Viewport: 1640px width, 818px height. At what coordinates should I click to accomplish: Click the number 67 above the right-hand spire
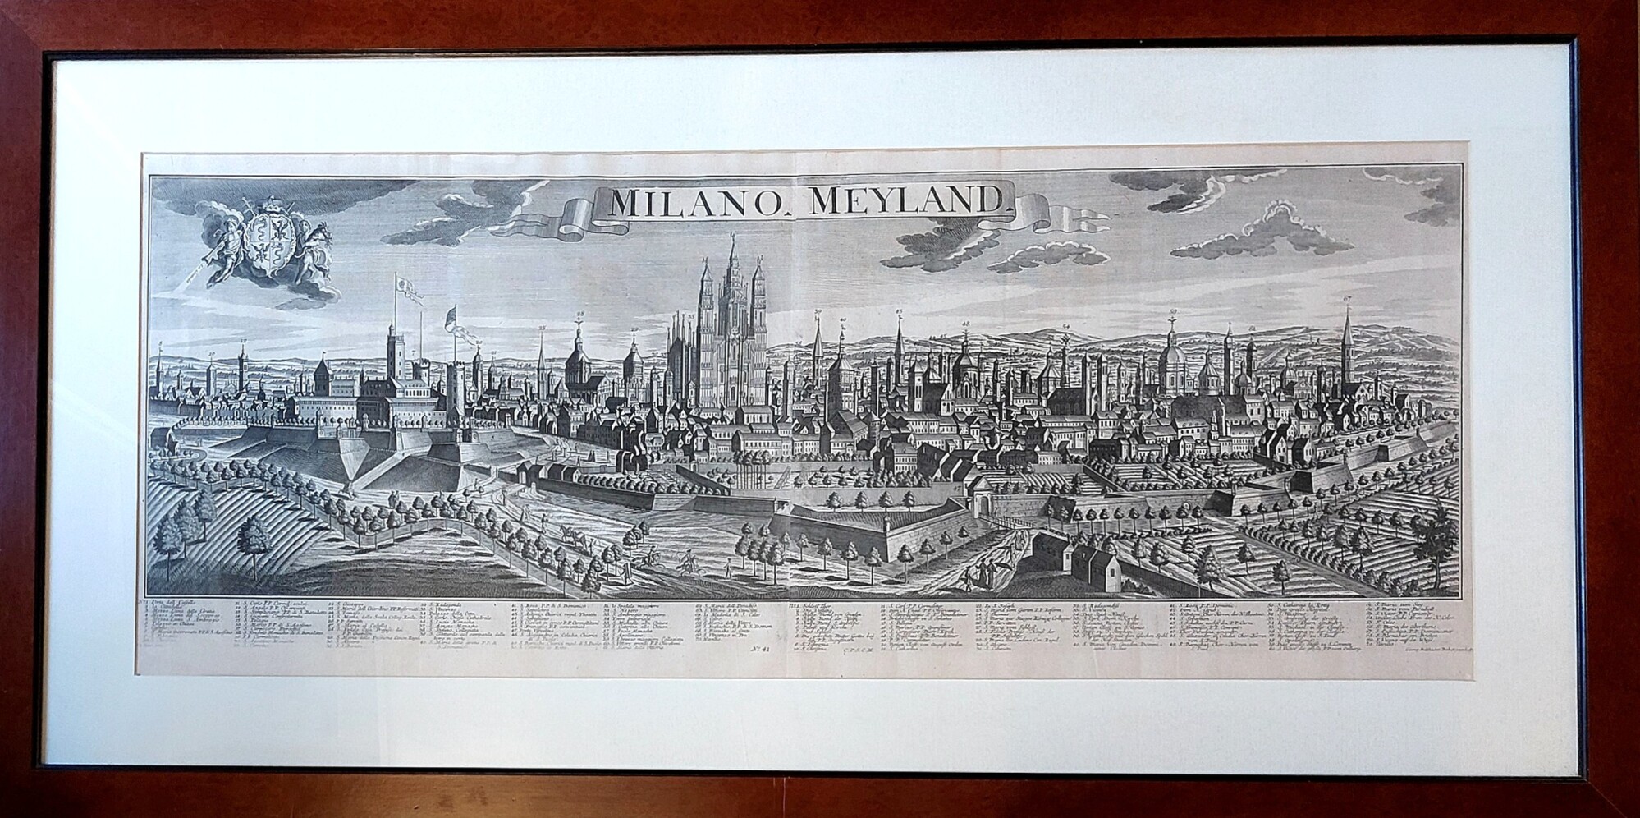[1347, 299]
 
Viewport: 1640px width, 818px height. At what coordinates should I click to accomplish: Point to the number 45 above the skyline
[899, 312]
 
